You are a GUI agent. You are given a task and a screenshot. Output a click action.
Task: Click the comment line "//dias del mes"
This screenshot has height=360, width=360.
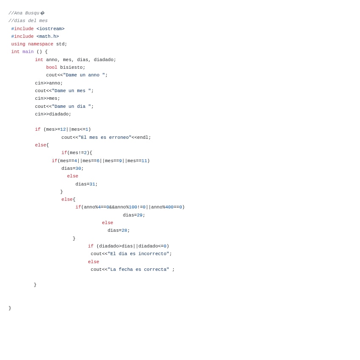coord(28,21)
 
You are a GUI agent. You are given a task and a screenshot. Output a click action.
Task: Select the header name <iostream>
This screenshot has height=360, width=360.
coord(51,29)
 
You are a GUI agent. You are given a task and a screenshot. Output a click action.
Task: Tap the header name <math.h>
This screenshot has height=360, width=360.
coord(48,37)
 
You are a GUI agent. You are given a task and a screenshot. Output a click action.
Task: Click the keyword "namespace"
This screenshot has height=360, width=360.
coord(41,44)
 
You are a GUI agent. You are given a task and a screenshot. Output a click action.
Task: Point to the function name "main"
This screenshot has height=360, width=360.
coord(28,52)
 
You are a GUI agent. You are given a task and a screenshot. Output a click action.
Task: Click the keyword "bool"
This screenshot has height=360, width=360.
coord(52,67)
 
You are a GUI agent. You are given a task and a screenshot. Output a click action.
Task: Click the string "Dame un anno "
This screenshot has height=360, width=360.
coord(84,75)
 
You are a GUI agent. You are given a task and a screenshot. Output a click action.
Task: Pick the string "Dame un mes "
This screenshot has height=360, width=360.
coord(71,91)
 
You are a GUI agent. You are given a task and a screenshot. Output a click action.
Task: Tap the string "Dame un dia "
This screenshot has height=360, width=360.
coord(71,107)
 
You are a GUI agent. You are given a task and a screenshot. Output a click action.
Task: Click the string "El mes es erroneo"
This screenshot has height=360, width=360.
coord(105,138)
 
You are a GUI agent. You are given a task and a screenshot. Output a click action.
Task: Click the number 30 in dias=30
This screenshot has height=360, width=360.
coord(78,169)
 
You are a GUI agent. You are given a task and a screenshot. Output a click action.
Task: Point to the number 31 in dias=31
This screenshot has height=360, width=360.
coord(92,184)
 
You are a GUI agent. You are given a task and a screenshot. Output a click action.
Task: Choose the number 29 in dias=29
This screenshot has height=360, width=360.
coord(140,215)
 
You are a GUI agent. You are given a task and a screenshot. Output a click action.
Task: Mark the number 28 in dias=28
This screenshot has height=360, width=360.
coord(124,231)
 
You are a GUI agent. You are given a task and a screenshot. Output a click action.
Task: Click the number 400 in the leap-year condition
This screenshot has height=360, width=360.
coord(169,207)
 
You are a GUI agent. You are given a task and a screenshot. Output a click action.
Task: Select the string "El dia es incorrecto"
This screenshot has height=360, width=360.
coord(138,254)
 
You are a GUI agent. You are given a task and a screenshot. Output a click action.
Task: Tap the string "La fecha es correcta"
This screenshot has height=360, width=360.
coord(138,270)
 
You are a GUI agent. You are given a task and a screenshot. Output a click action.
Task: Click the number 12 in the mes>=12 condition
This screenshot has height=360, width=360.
coord(63,129)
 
